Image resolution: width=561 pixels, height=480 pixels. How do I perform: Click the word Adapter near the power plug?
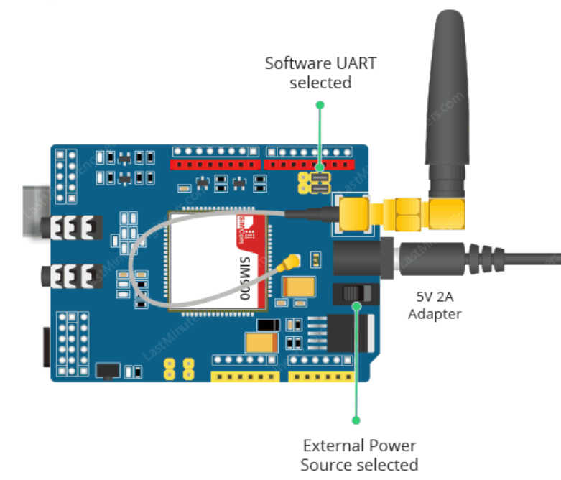(435, 313)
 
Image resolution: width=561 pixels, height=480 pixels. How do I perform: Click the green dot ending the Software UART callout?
(320, 105)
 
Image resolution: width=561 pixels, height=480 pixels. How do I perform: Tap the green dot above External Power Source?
(356, 420)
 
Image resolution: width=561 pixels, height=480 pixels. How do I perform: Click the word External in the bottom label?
(329, 446)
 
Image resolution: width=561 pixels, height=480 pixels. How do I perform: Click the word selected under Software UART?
(320, 83)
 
